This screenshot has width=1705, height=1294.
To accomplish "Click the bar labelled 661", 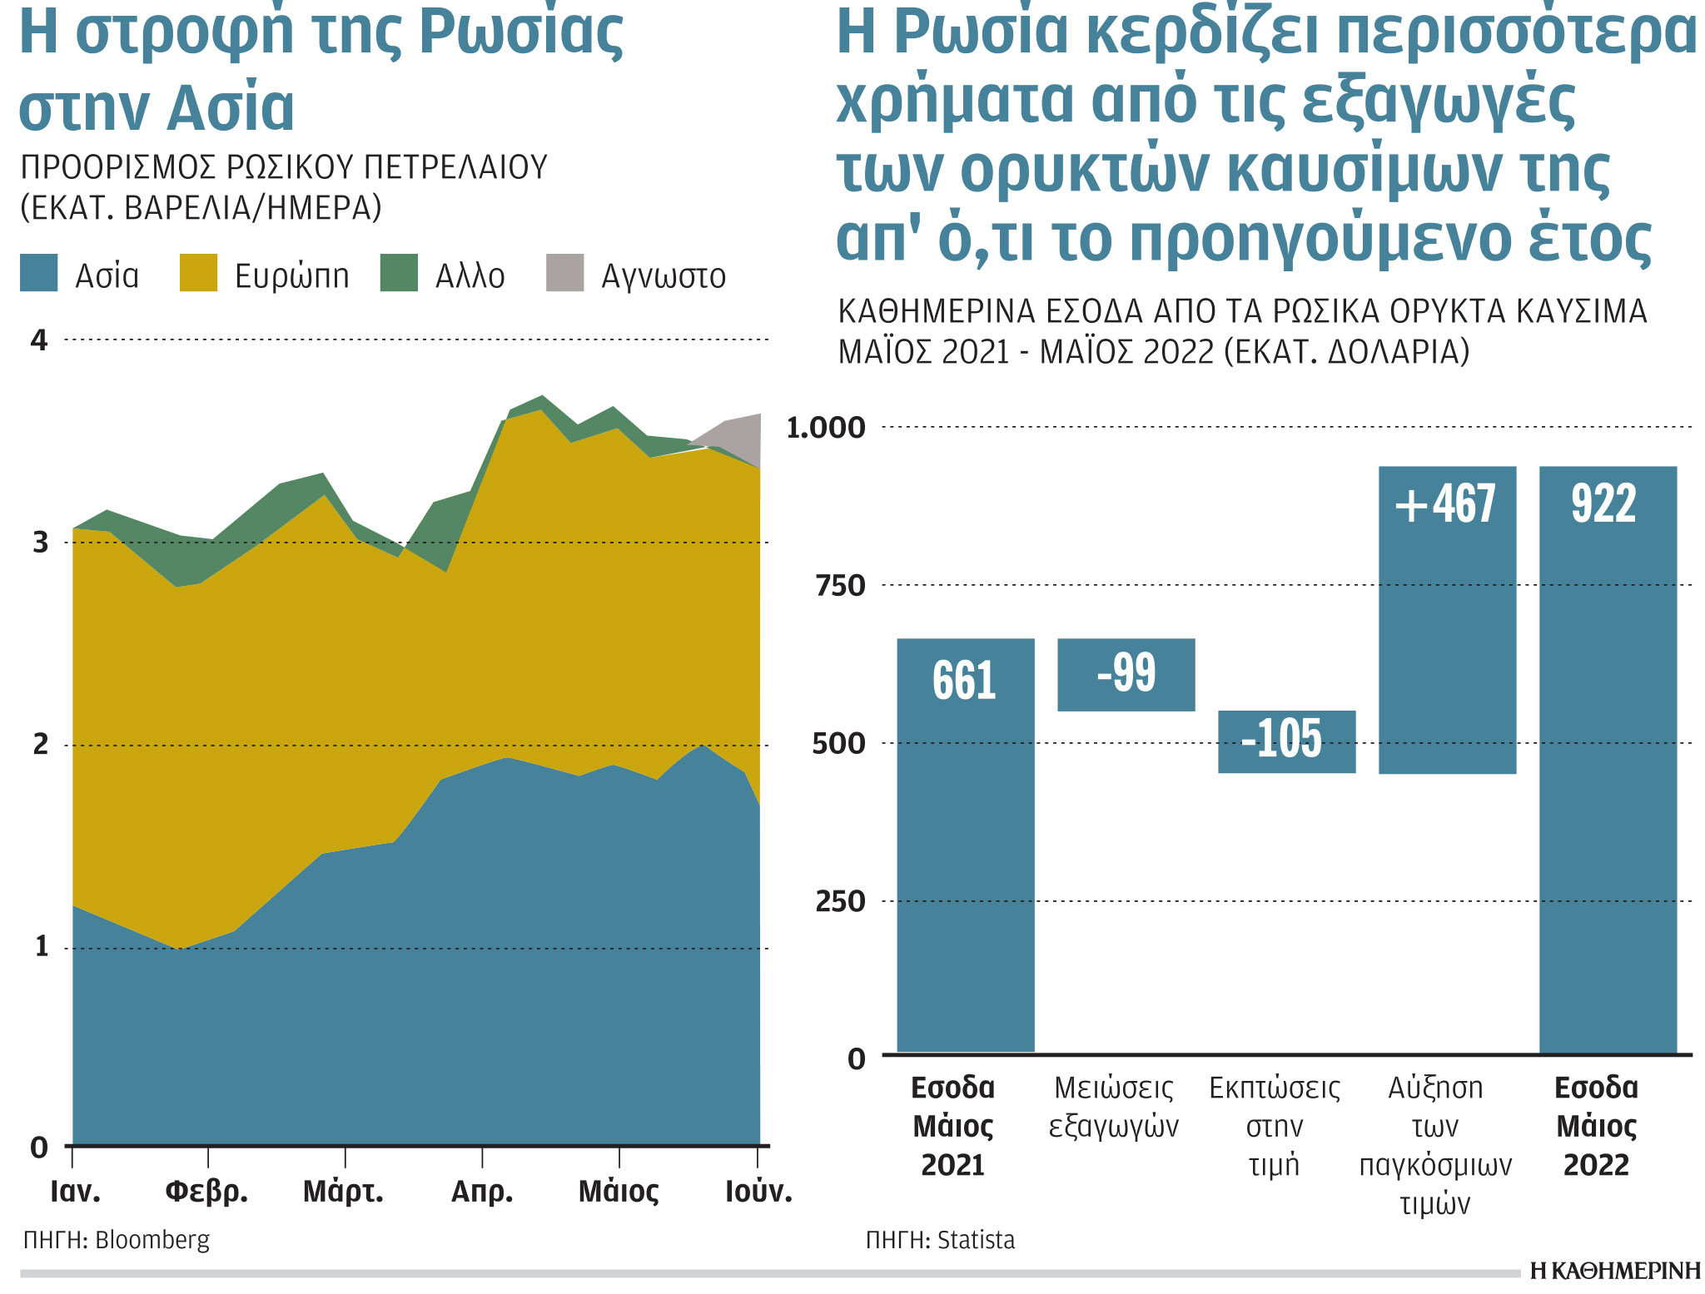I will (965, 845).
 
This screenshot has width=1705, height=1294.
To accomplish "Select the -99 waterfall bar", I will (1126, 675).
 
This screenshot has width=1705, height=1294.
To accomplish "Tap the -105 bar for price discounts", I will (1286, 741).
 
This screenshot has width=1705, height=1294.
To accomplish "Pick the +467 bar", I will (1447, 620).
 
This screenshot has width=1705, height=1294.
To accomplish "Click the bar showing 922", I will (1608, 760).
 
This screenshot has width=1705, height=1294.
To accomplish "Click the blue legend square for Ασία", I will (39, 274).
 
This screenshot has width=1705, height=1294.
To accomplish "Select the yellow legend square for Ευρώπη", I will (198, 274).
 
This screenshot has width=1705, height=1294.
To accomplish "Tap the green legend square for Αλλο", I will (399, 274).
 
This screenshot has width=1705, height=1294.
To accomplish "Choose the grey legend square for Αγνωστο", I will (564, 274).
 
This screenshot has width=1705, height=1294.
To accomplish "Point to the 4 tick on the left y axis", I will (39, 340).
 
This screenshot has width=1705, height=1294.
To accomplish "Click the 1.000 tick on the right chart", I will (826, 428).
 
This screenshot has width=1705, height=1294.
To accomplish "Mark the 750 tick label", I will (840, 586).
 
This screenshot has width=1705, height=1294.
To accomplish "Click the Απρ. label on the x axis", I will (482, 1192).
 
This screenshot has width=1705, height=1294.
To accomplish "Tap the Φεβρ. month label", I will (206, 1192).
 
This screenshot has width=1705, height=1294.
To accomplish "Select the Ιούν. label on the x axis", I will (758, 1192).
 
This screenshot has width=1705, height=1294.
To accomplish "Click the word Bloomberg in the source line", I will (152, 1240).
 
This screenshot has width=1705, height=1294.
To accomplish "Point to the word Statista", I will (976, 1241).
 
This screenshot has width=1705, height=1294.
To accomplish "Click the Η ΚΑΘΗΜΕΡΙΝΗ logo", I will (1614, 1271).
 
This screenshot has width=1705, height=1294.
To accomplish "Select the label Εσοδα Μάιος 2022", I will (1596, 1126).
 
